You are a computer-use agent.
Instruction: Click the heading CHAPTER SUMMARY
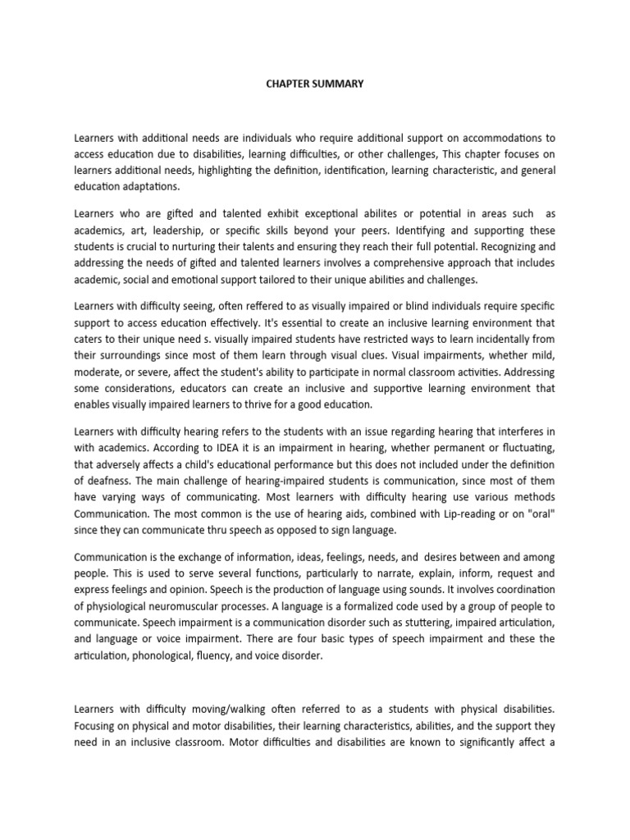coord(314,84)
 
